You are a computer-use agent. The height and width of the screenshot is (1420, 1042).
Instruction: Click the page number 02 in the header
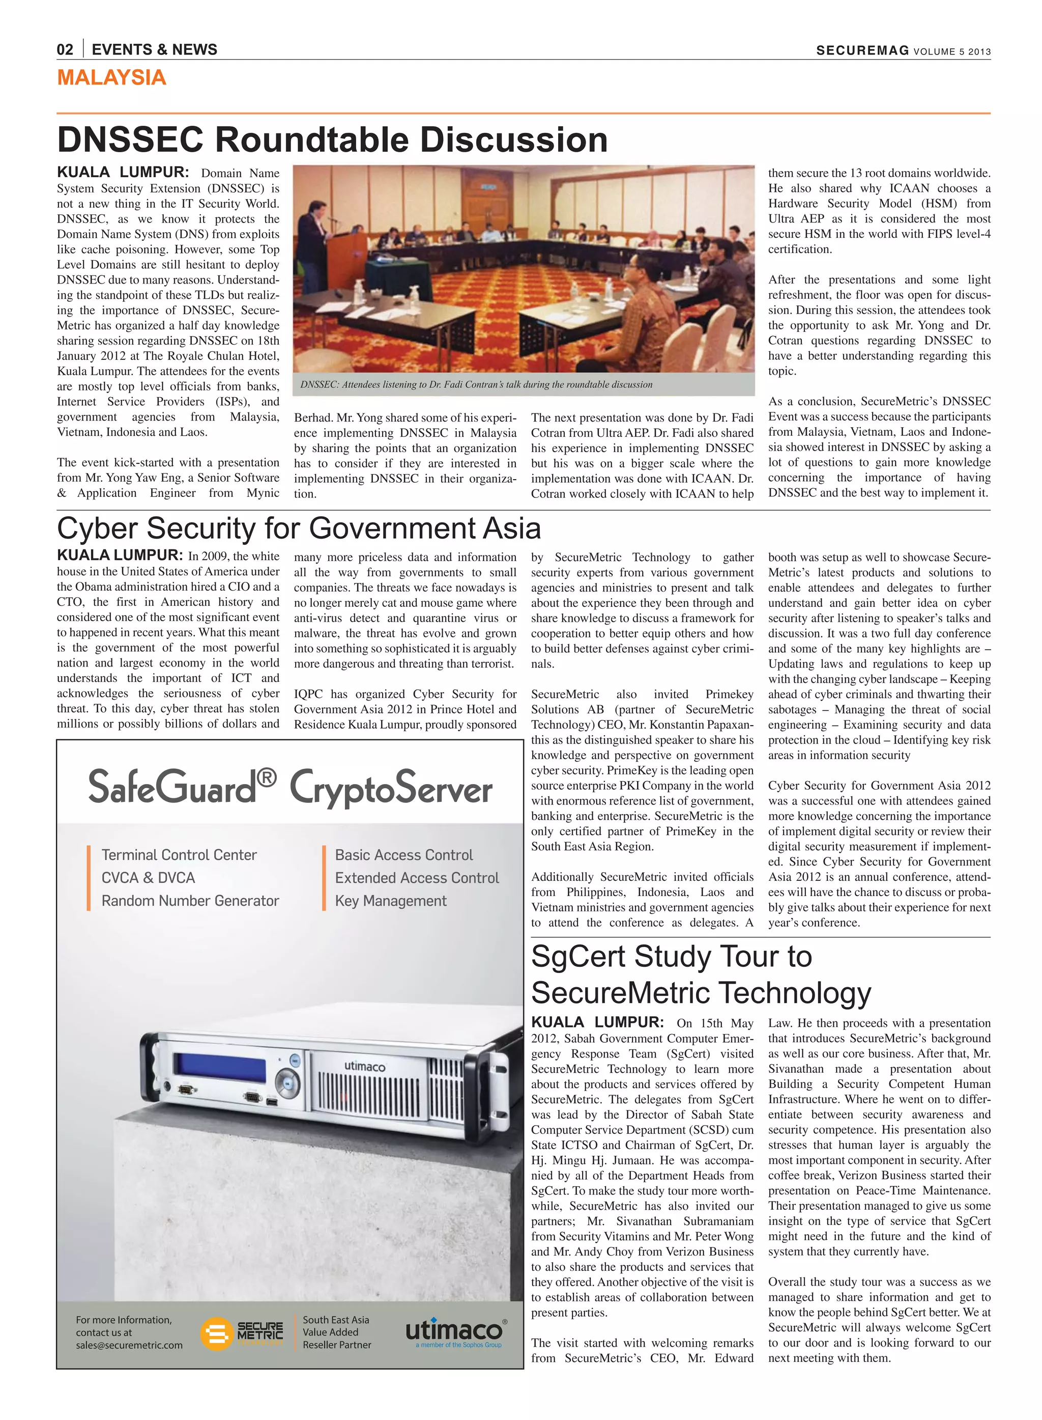tap(65, 50)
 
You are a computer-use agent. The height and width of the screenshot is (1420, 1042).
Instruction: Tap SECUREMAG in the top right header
tap(862, 51)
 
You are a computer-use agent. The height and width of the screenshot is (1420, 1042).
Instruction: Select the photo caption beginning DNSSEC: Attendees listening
tap(476, 384)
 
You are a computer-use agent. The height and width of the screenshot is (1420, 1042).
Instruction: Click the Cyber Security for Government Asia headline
tap(299, 528)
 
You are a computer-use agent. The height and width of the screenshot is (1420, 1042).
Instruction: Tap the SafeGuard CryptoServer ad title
tap(290, 788)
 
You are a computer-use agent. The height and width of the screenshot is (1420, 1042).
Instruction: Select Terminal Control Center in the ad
tap(179, 855)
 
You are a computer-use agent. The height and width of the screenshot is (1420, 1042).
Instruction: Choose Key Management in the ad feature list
tap(390, 901)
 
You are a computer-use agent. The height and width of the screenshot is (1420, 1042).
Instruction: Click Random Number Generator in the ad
tap(190, 901)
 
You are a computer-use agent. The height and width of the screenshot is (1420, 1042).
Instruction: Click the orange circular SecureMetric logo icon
tap(216, 1333)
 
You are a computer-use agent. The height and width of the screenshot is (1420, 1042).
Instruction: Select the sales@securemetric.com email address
tap(129, 1345)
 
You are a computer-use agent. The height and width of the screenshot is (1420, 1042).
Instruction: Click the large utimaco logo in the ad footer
tap(454, 1330)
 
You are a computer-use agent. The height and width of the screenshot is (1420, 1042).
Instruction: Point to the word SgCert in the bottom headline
tap(578, 957)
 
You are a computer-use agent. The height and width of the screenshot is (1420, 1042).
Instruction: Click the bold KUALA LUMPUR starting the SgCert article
tap(597, 1022)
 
